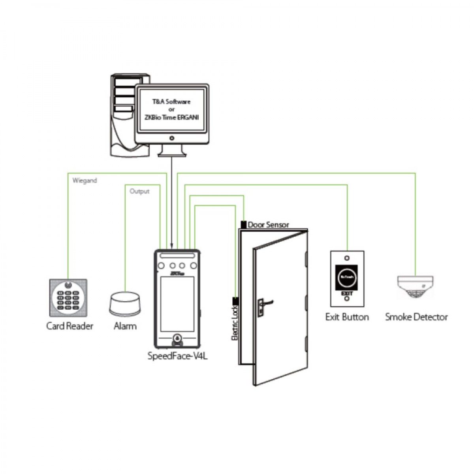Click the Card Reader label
[x=70, y=326]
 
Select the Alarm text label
[x=125, y=326]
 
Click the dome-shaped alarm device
[x=125, y=303]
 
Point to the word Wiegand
[x=85, y=181]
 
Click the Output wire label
[x=139, y=191]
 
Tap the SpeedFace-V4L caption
[x=177, y=356]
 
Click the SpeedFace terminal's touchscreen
[x=177, y=304]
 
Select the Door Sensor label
[x=269, y=225]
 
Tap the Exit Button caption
[x=347, y=317]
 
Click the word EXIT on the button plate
[x=346, y=293]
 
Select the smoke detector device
[x=415, y=287]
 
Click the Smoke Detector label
[x=416, y=317]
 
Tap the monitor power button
[x=171, y=138]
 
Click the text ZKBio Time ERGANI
[x=171, y=117]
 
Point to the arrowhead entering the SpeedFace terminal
[x=171, y=245]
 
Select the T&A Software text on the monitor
[x=171, y=102]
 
